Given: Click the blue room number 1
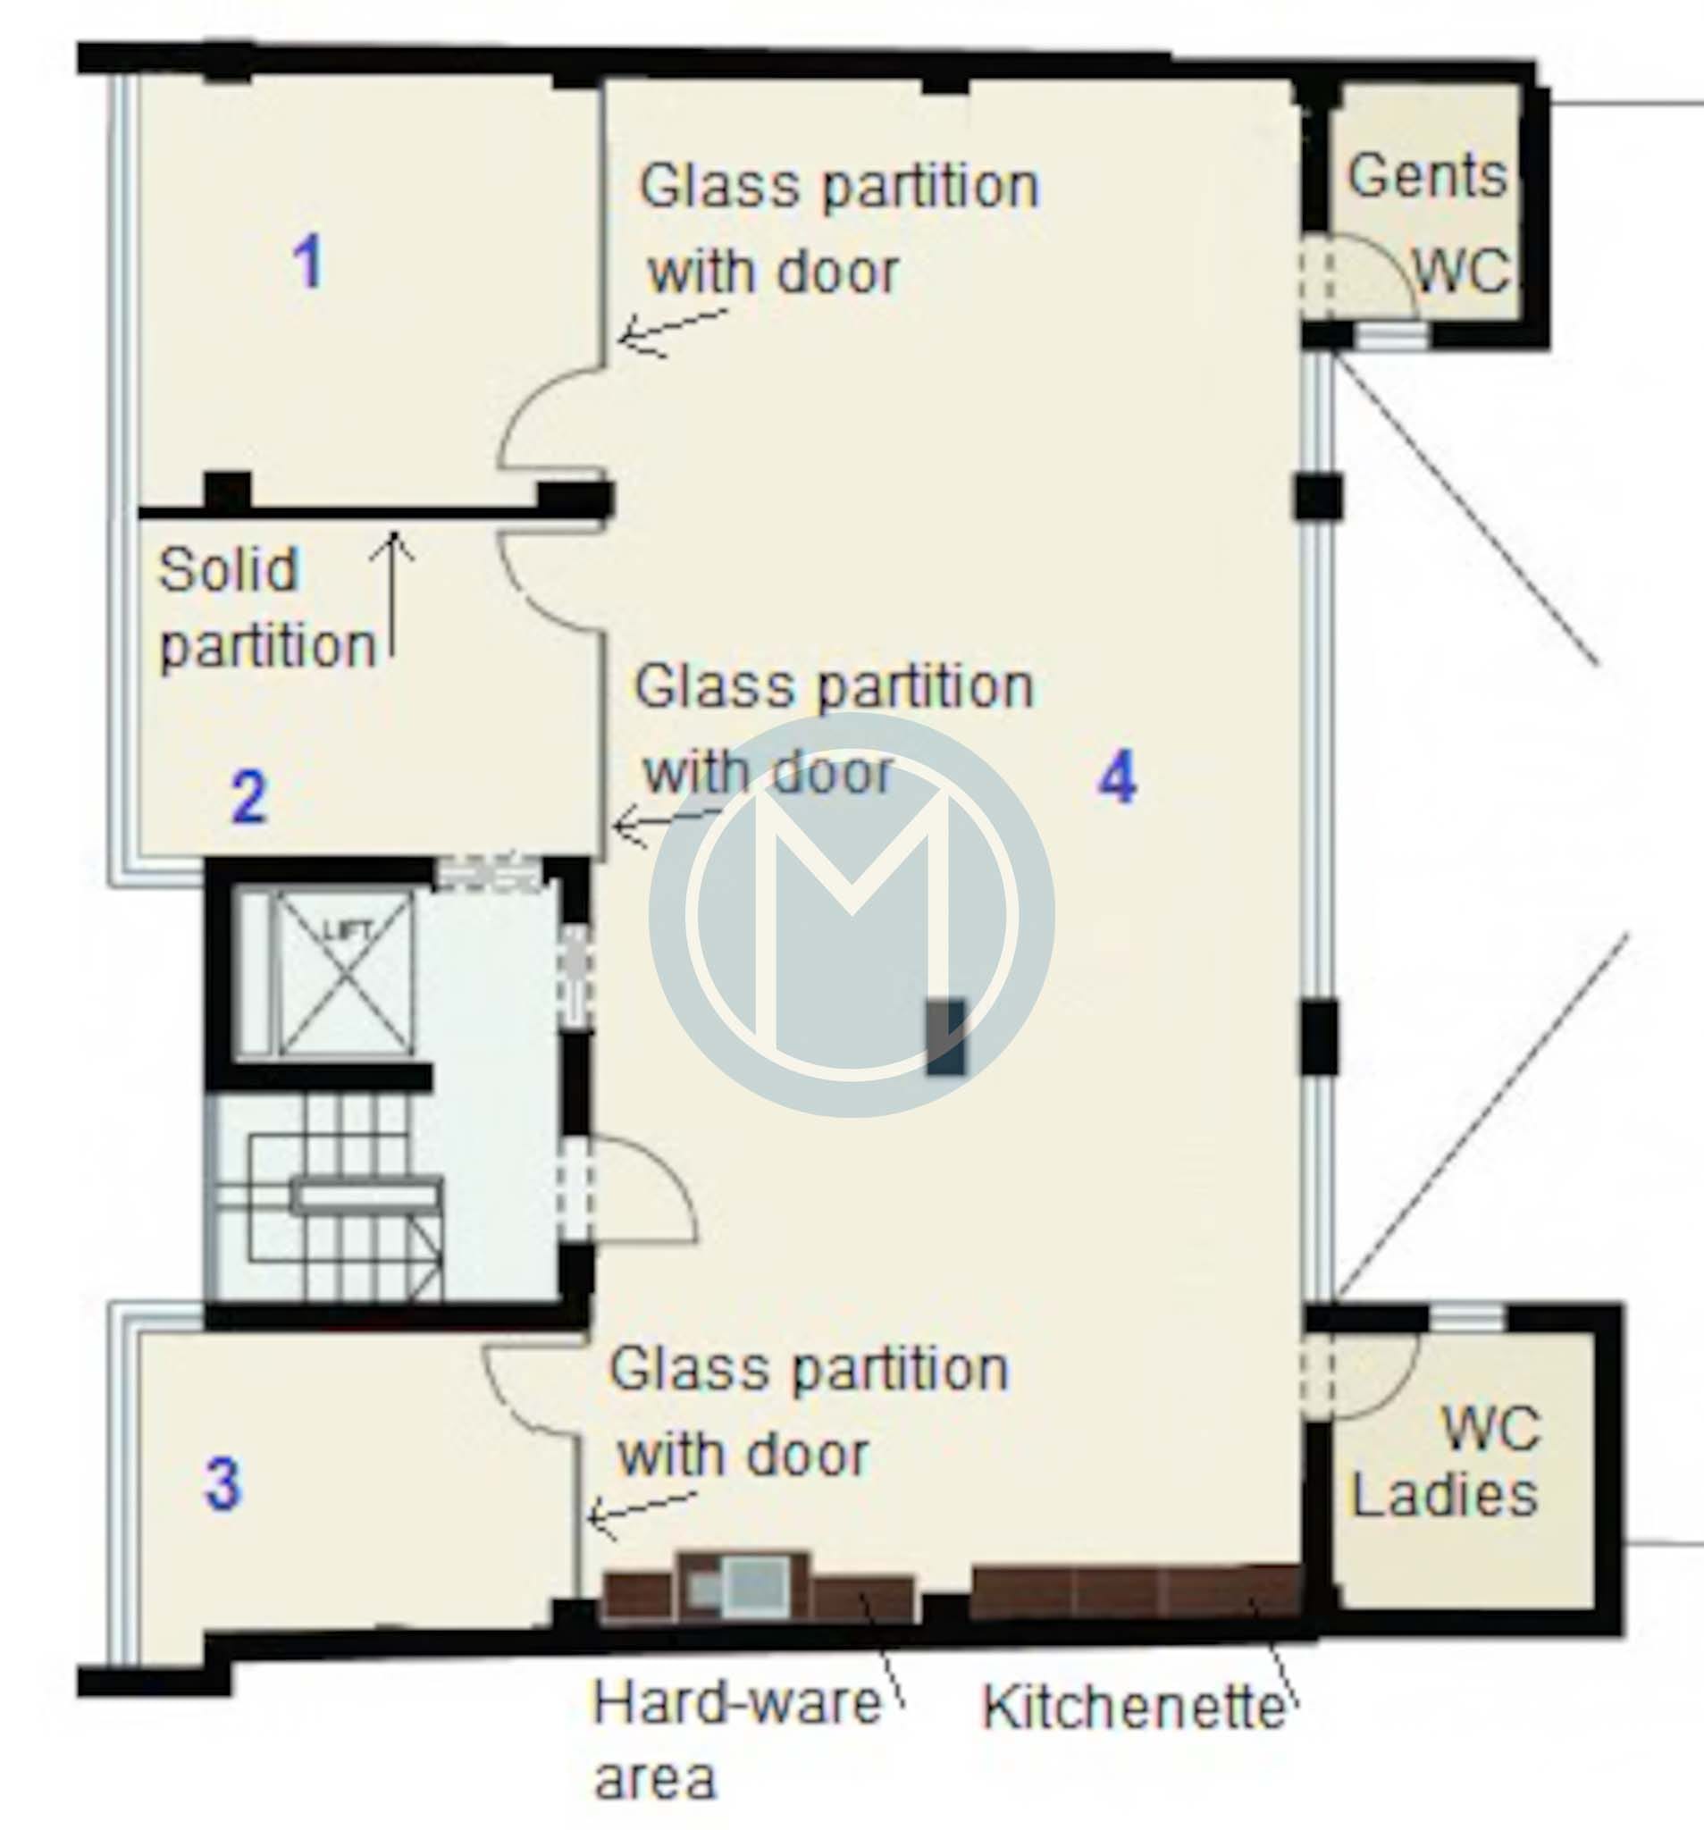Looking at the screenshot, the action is click(308, 262).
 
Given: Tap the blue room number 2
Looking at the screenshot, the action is click(249, 797).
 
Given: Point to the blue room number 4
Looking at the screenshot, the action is click(1118, 778).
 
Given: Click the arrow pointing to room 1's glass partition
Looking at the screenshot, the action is click(673, 333).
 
